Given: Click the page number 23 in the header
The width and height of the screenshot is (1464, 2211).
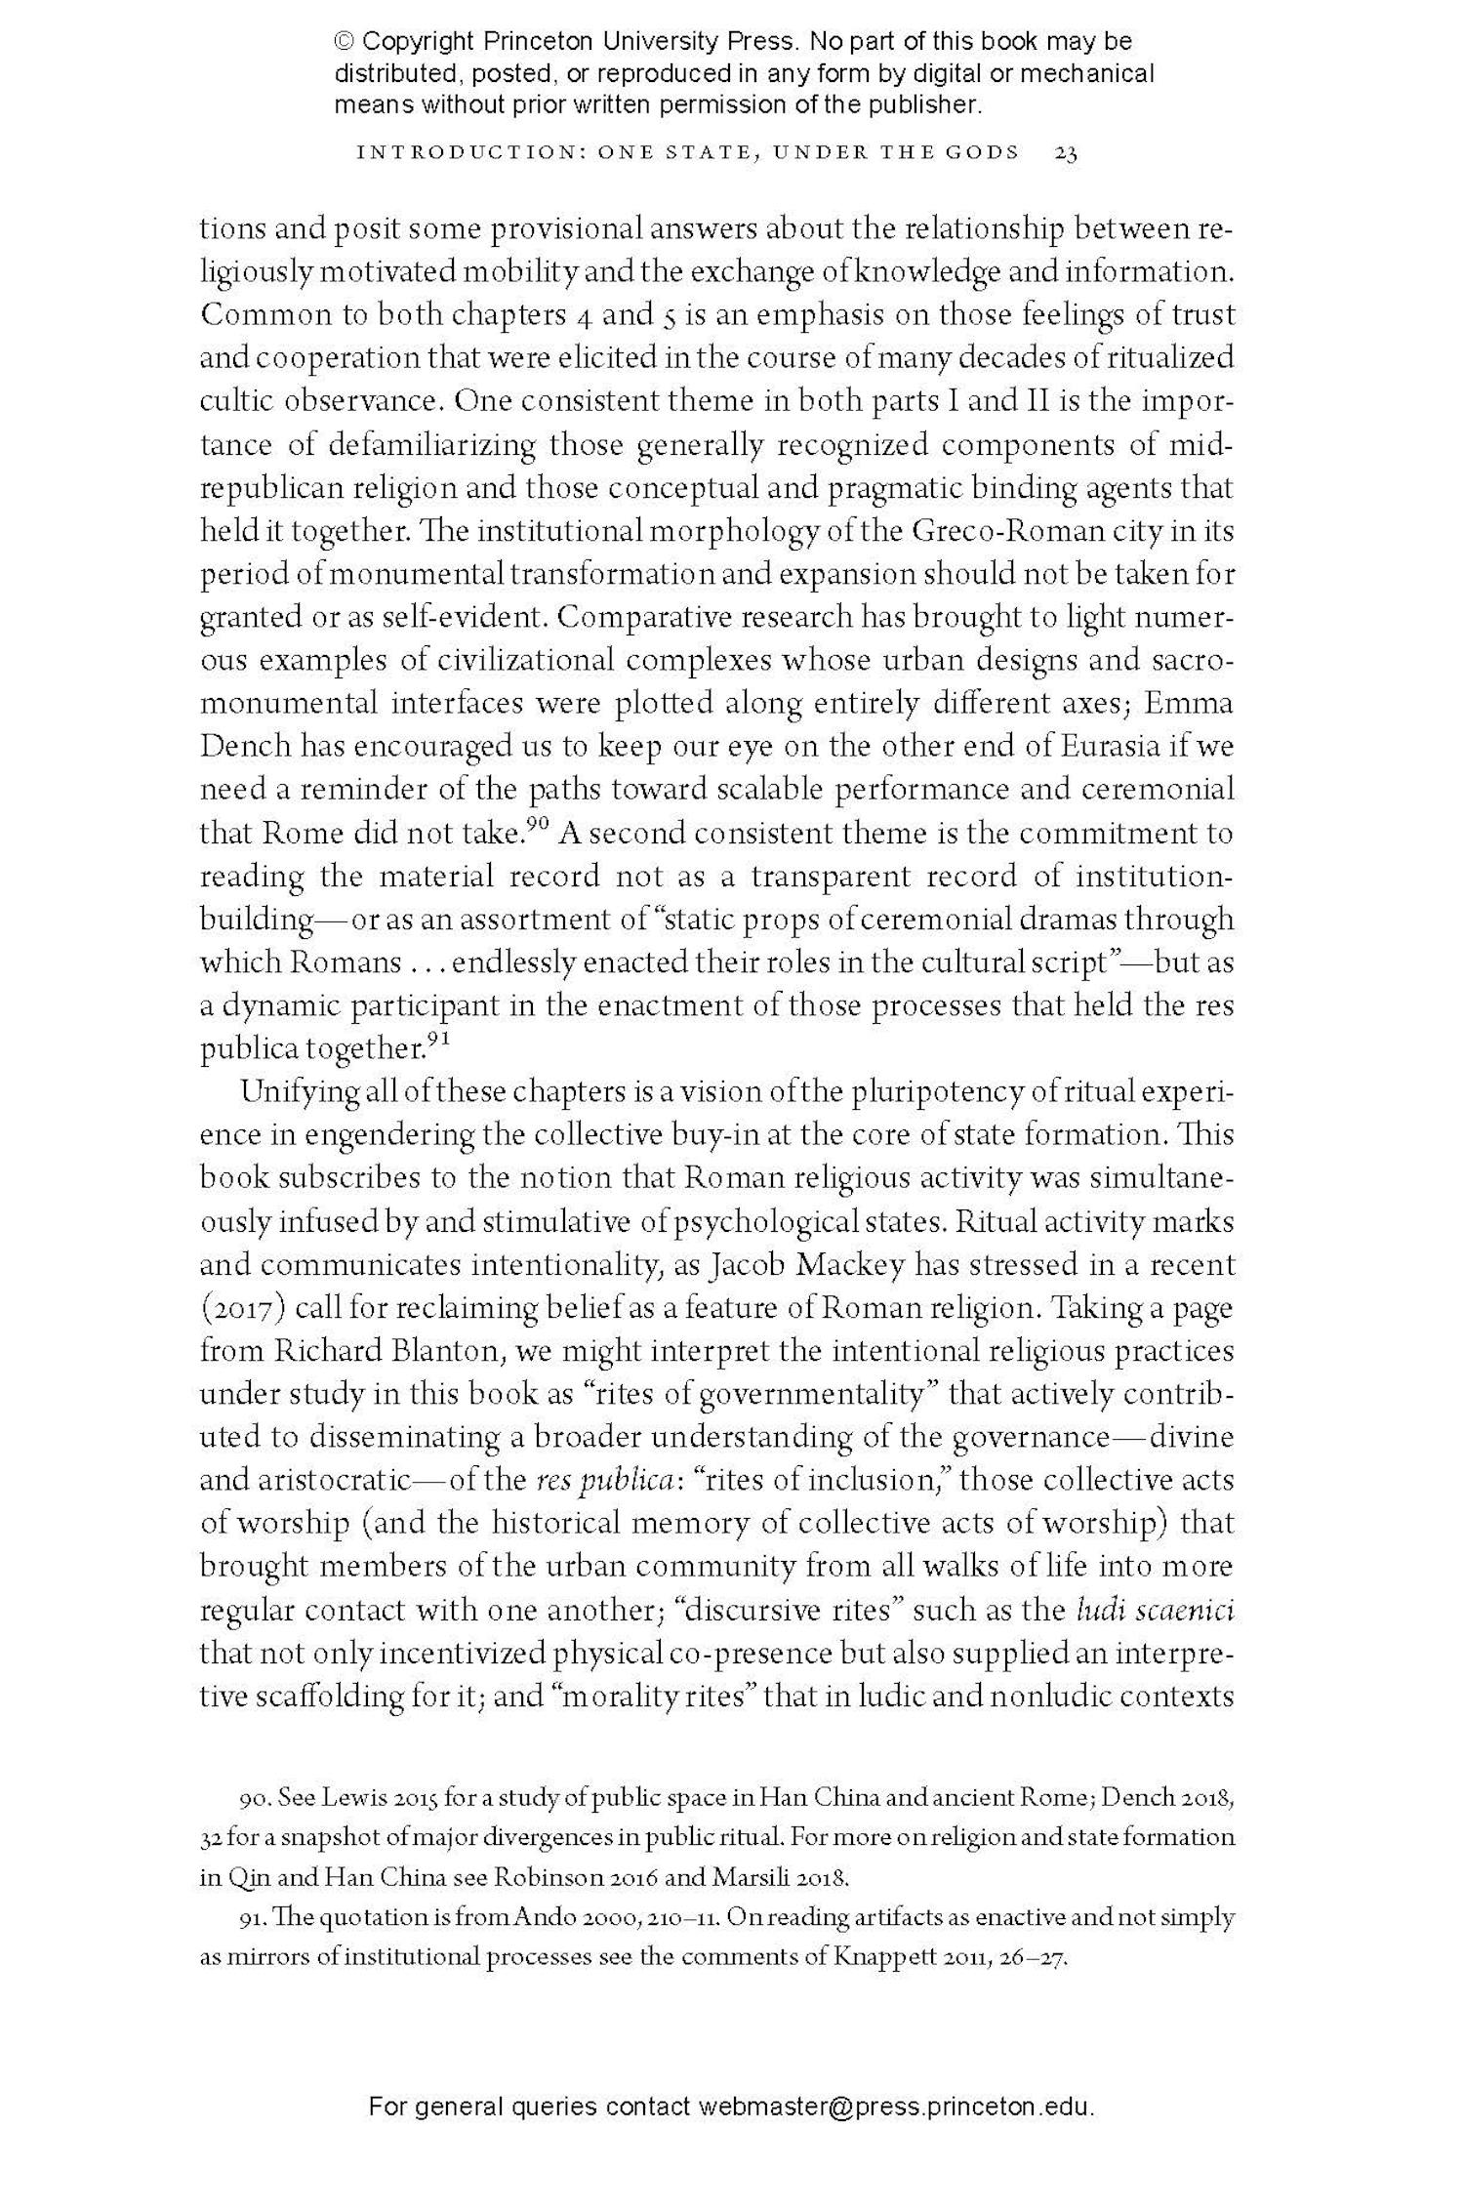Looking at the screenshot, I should coord(1065,153).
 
